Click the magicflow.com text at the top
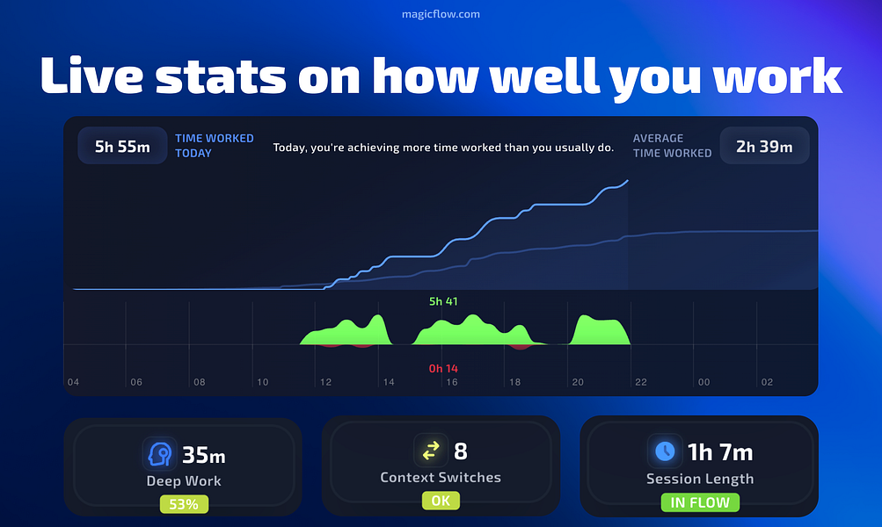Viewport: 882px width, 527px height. pyautogui.click(x=441, y=14)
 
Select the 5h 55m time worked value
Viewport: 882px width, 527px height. pyautogui.click(x=122, y=147)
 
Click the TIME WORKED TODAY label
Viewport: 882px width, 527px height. pyautogui.click(x=214, y=146)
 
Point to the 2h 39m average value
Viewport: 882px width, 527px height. pyautogui.click(x=763, y=147)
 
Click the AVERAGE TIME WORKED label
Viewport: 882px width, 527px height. pyautogui.click(x=672, y=146)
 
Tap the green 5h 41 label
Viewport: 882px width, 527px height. pyautogui.click(x=443, y=301)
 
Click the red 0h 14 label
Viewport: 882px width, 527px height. pyautogui.click(x=443, y=368)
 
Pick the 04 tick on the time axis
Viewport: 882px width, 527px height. pyautogui.click(x=73, y=382)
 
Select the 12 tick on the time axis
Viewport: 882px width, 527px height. pyautogui.click(x=325, y=382)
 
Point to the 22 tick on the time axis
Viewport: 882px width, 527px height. pyautogui.click(x=641, y=382)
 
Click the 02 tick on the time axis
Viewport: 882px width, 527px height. pyautogui.click(x=767, y=382)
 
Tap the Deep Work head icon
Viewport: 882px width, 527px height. pyautogui.click(x=160, y=454)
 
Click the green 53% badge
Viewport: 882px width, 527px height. pyautogui.click(x=184, y=504)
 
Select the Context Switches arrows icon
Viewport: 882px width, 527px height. pyautogui.click(x=431, y=451)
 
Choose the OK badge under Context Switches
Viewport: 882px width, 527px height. pyautogui.click(x=441, y=501)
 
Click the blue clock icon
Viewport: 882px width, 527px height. pyautogui.click(x=665, y=451)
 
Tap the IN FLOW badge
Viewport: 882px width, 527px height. pyautogui.click(x=700, y=502)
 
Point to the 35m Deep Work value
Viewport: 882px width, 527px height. pyautogui.click(x=204, y=455)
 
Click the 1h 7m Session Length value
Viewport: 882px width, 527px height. pyautogui.click(x=719, y=452)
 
